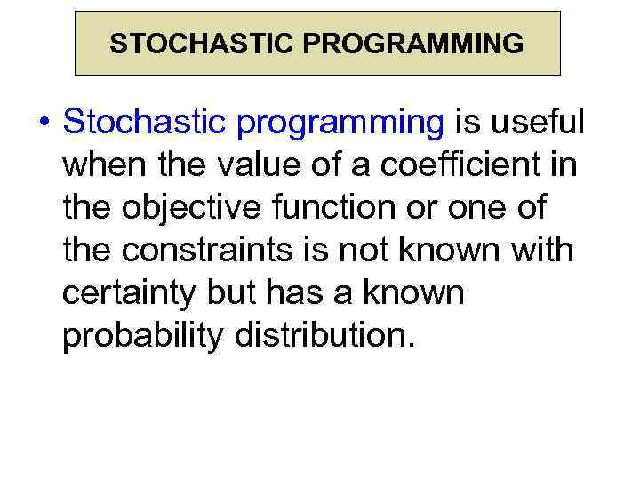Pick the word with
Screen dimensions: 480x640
click(539, 251)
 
